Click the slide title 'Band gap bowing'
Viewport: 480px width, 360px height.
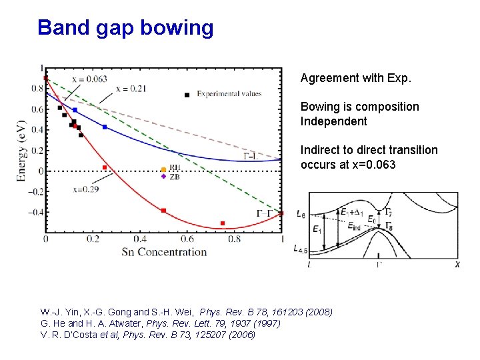point(125,28)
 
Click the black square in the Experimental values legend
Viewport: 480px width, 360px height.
point(187,95)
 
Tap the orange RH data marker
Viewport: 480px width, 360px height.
point(163,169)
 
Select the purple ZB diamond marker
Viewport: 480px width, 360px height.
point(163,177)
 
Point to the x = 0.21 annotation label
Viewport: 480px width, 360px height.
point(131,89)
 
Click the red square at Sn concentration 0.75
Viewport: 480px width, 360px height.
point(223,223)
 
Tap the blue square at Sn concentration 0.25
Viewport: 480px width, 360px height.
point(105,127)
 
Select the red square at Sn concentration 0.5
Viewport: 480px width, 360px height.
point(163,211)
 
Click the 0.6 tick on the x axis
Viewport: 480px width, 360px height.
point(187,239)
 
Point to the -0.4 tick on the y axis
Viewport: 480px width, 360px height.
point(34,212)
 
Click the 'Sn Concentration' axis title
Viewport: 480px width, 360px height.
point(164,252)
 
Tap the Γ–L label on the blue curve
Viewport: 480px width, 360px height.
point(251,156)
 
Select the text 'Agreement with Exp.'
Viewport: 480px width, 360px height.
point(356,79)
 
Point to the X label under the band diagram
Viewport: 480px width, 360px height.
point(457,265)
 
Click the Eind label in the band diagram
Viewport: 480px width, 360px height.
point(358,227)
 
